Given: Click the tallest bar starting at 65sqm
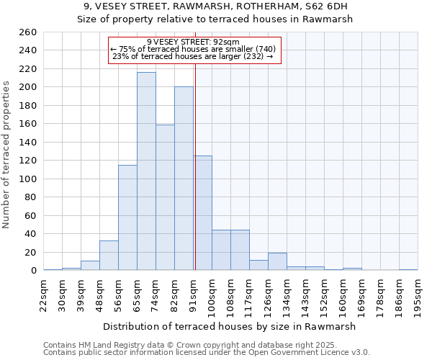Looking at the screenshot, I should (x=146, y=171).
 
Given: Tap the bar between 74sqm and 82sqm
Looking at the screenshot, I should (x=165, y=197).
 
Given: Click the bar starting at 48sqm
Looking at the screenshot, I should (x=109, y=256).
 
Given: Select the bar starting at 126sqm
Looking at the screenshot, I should (x=277, y=261).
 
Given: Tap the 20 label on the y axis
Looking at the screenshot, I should (x=30, y=253).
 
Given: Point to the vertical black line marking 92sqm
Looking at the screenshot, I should (x=195, y=166).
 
